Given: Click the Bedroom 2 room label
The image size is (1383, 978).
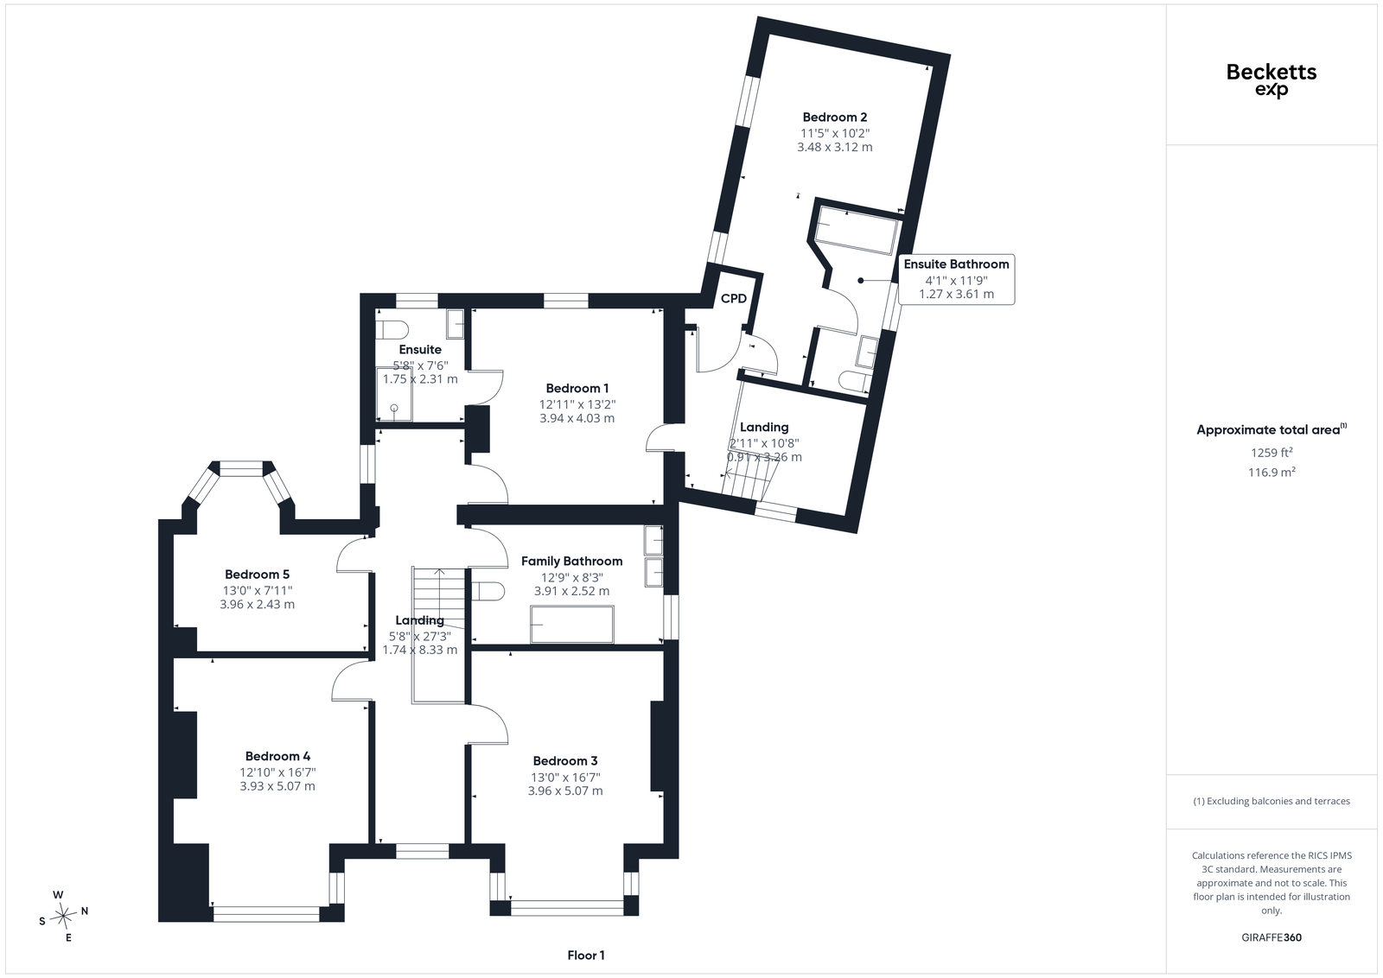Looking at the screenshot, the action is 835,117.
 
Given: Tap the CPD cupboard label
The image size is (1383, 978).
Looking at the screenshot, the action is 734,299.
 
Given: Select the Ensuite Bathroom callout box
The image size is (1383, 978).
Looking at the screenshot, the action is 956,279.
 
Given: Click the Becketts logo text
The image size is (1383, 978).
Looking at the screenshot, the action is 1271,73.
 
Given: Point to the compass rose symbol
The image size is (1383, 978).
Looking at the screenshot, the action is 63,915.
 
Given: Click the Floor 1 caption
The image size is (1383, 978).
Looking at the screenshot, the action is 586,956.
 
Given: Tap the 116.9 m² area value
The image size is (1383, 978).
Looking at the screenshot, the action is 1271,472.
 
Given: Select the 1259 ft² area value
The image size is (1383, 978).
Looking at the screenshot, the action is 1271,453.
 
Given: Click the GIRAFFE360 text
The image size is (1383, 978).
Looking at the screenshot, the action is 1271,937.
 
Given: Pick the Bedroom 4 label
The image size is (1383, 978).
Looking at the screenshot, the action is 277,756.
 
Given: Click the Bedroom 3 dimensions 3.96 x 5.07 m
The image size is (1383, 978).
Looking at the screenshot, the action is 565,791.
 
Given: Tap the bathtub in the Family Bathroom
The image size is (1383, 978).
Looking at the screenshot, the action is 571,624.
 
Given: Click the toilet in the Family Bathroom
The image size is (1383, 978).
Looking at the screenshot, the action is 488,591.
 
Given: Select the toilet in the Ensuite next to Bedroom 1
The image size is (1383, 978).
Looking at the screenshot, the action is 392,330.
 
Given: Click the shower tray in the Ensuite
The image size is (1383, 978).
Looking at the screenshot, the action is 394,394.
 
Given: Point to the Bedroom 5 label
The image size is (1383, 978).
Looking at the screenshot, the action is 257,575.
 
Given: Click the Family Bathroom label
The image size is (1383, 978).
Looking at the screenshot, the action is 571,561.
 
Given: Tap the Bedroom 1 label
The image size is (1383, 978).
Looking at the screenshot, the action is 577,388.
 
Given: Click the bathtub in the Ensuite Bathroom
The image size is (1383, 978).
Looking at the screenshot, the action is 856,230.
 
